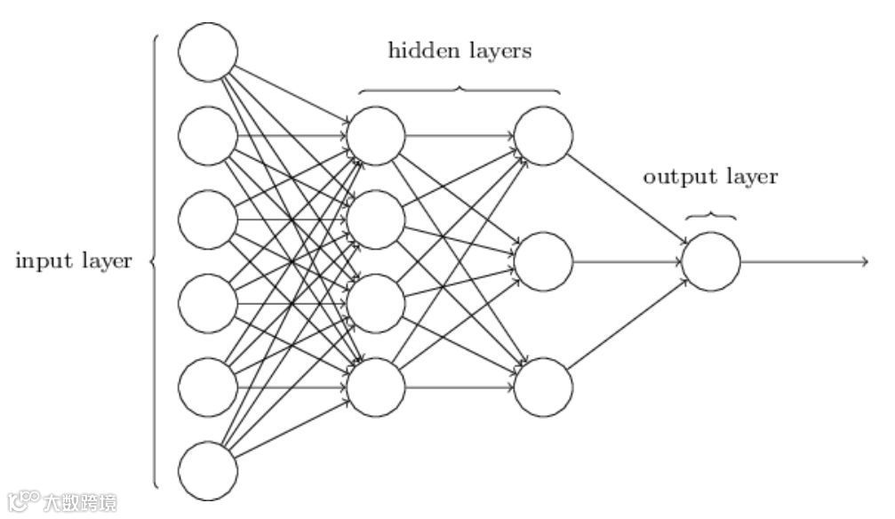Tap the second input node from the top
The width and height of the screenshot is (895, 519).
208,136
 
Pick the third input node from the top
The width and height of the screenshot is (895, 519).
208,220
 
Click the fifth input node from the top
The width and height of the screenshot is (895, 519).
208,387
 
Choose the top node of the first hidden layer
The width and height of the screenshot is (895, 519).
376,136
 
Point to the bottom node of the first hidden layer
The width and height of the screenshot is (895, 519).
376,387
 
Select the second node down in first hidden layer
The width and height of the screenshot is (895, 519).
376,220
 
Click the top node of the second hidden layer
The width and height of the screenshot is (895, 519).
543,136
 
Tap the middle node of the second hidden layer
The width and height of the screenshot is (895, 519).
543,261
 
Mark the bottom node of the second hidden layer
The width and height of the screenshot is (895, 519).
543,387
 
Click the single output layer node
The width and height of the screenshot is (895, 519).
711,261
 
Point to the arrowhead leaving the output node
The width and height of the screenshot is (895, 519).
863,261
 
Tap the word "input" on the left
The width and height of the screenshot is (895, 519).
40,261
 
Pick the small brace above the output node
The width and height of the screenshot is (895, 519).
711,215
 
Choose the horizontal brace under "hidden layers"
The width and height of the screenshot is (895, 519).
459,89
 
